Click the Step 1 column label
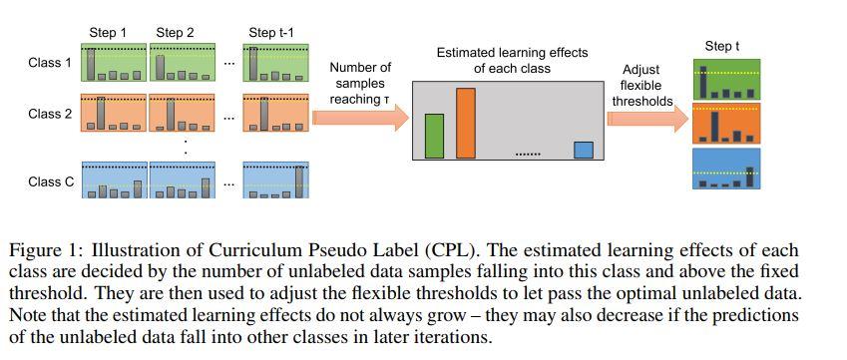[x=109, y=33]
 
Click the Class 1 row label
[x=50, y=63]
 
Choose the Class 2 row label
[x=50, y=114]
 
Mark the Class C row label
[x=50, y=182]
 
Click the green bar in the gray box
[x=434, y=136]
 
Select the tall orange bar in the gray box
[x=466, y=123]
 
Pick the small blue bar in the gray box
[x=584, y=150]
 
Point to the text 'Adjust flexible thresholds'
[x=641, y=85]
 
